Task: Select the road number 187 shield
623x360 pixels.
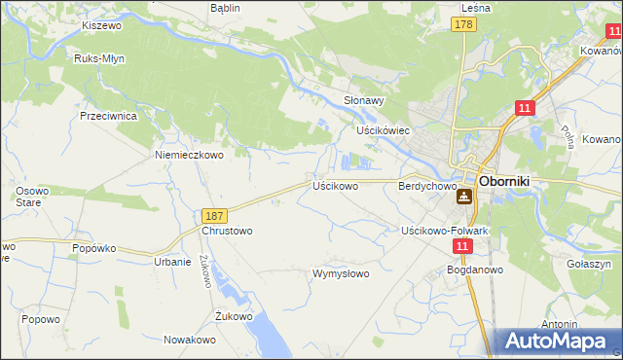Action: pyautogui.click(x=216, y=215)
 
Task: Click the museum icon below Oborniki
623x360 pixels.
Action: pyautogui.click(x=463, y=197)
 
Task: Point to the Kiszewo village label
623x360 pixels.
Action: pyautogui.click(x=101, y=25)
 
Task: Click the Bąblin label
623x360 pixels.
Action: pyautogui.click(x=225, y=7)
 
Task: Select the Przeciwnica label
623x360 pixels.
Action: pyautogui.click(x=108, y=115)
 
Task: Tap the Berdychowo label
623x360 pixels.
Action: pyautogui.click(x=427, y=185)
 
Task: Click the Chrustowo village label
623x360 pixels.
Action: pyautogui.click(x=227, y=232)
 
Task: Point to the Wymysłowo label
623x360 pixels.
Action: pyautogui.click(x=341, y=273)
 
